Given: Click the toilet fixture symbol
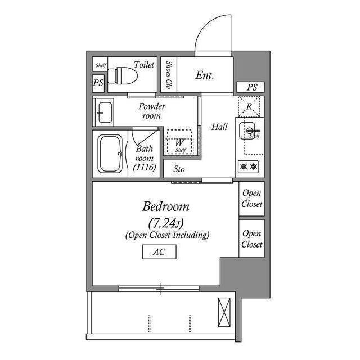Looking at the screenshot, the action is tap(123, 75).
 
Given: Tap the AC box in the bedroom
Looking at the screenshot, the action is tap(159, 252).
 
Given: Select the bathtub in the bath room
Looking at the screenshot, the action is tap(110, 154).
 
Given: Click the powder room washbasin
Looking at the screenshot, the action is tap(105, 112).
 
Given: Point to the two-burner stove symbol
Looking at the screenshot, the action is tap(249, 166).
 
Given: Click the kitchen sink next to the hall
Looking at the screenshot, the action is tap(247, 130).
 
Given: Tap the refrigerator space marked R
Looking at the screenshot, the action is tap(249, 106).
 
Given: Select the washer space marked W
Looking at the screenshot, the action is tap(179, 142).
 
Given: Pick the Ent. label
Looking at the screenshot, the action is tap(205, 75).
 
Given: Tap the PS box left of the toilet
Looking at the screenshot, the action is tap(98, 83).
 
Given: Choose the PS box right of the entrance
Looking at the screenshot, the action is tap(251, 87).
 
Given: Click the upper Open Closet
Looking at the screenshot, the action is tap(251, 199).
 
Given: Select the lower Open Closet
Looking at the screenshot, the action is tap(251, 238).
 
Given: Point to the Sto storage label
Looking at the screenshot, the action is tap(179, 169).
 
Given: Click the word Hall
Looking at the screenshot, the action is tap(219, 127).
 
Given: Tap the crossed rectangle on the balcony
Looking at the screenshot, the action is tap(224, 312).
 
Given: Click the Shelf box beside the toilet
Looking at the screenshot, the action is tap(100, 64).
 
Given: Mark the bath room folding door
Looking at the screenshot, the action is tap(145, 137).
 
